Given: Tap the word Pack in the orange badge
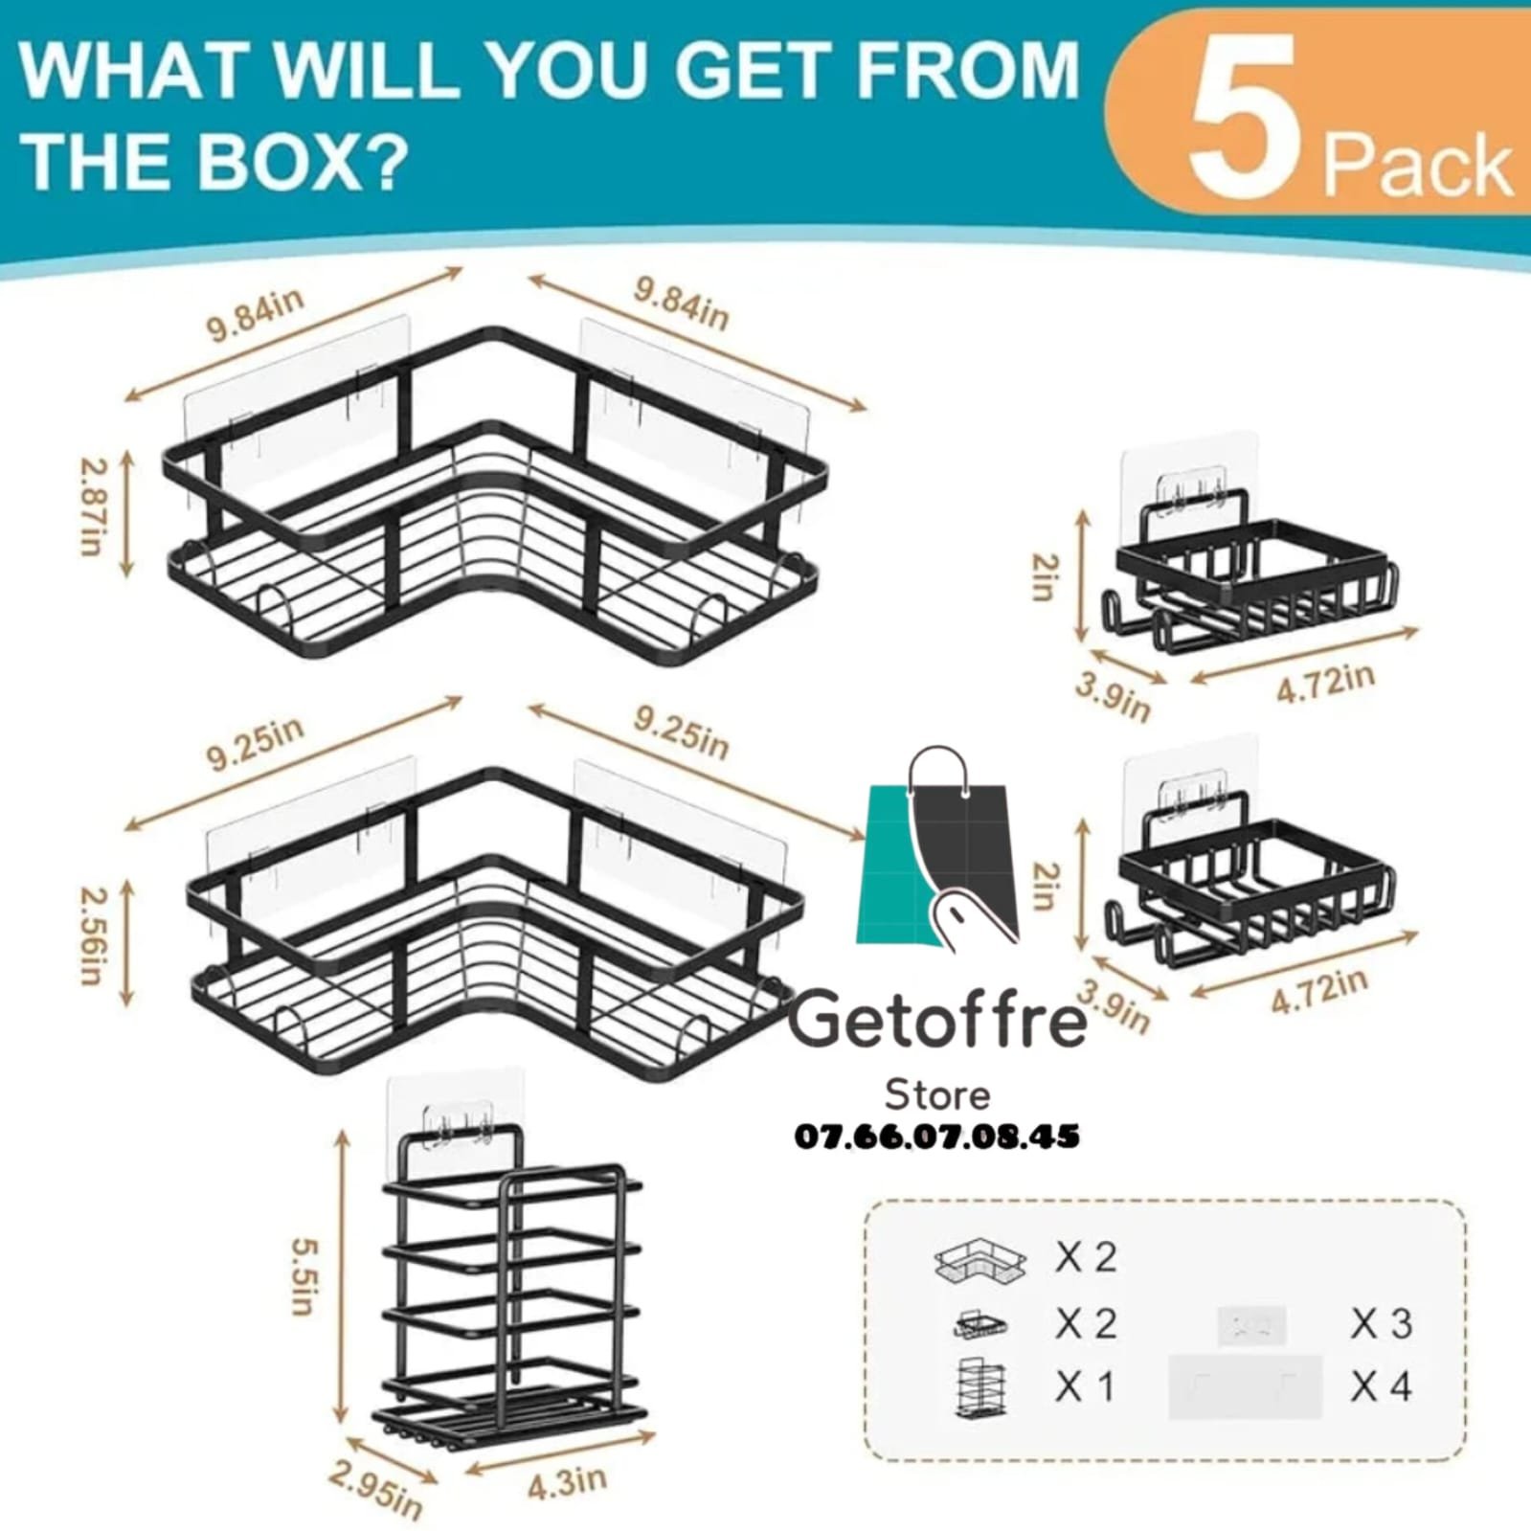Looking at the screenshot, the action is tap(1417, 166).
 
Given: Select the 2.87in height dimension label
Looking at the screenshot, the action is tap(92, 507).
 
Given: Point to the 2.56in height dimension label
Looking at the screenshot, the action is tap(92, 935).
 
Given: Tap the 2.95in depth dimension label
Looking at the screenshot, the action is tap(375, 1490).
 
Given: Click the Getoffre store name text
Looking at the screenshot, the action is tap(937, 1019).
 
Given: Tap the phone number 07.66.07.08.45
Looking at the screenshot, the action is tap(937, 1137).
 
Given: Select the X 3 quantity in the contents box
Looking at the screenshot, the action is tap(1382, 1323).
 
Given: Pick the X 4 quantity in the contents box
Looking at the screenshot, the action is tap(1382, 1385).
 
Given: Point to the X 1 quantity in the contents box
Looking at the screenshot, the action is tap(1085, 1385).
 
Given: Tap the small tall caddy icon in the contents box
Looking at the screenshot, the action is tap(980, 1387).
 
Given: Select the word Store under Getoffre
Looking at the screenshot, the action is tap(937, 1093).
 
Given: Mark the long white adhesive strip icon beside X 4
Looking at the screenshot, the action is tap(1245, 1385).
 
